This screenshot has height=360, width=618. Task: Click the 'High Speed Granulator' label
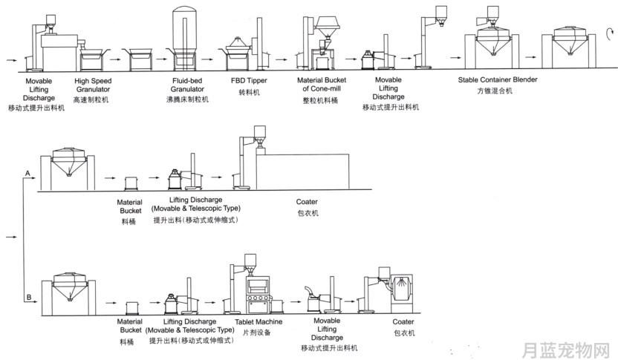(x=93, y=85)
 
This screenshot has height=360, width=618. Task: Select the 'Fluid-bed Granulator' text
(x=187, y=85)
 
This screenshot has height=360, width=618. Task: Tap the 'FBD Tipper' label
(x=249, y=81)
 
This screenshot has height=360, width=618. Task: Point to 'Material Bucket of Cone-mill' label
(x=322, y=85)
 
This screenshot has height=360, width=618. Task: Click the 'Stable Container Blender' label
(x=498, y=79)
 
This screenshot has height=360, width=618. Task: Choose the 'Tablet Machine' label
(x=258, y=322)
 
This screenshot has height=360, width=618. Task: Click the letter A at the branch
(x=27, y=173)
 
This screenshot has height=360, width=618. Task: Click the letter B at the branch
(x=29, y=298)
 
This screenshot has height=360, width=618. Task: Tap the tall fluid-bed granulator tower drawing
(x=184, y=39)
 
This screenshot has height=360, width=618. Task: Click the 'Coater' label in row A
(x=307, y=202)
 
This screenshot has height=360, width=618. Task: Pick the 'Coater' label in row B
(x=403, y=322)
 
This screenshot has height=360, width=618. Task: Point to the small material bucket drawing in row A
(x=131, y=183)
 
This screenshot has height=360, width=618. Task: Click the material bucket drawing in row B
(x=132, y=308)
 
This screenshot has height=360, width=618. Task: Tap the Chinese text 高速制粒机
(x=91, y=100)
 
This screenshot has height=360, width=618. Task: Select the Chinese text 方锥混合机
(x=495, y=91)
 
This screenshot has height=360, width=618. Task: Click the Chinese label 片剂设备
(x=257, y=333)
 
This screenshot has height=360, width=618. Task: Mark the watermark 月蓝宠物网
(x=566, y=350)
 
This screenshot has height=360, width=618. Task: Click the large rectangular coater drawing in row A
(x=302, y=171)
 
